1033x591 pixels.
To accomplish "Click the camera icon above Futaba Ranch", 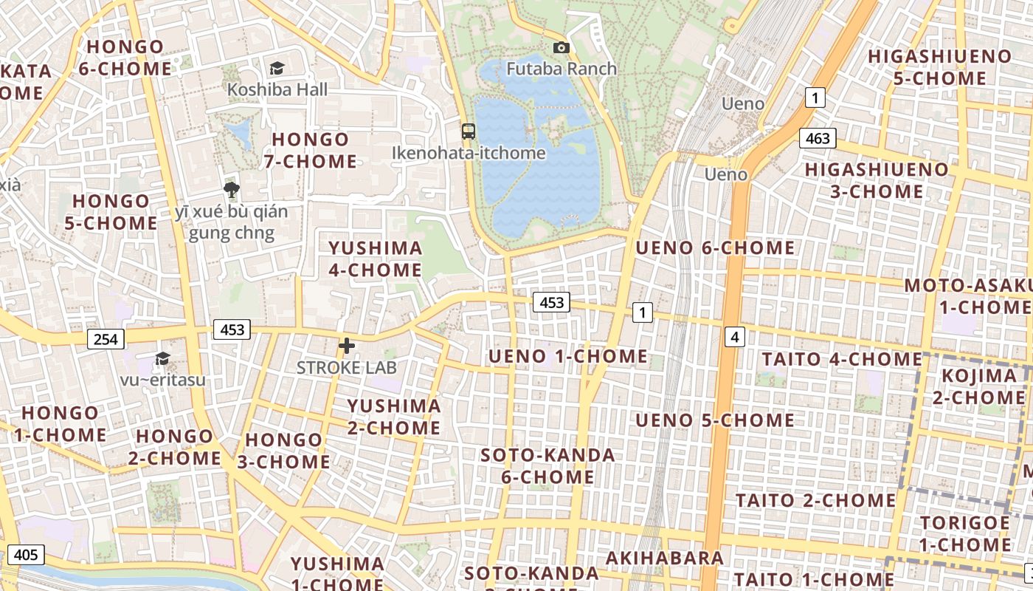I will click(562, 48).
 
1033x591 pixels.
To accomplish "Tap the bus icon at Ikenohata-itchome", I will click(469, 131).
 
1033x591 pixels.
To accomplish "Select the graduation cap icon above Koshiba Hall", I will click(277, 68).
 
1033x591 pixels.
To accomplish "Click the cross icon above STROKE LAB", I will click(347, 345).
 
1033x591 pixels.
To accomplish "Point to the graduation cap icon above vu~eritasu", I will click(162, 358).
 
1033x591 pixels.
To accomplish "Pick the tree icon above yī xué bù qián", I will click(232, 189).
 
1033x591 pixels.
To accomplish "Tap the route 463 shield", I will click(818, 138).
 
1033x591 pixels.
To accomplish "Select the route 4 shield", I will click(735, 337).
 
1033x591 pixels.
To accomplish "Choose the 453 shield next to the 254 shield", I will click(232, 329).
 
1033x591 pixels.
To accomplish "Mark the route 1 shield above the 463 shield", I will click(815, 97).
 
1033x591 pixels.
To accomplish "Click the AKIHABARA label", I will click(665, 558).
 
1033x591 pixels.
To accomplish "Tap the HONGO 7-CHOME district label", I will click(311, 150).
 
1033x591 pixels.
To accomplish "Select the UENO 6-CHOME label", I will click(715, 247).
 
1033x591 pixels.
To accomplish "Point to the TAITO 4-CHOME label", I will click(842, 359).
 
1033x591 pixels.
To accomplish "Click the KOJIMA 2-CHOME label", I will click(978, 386).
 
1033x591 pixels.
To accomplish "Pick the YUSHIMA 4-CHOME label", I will click(376, 259).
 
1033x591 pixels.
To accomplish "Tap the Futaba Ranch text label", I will click(562, 69).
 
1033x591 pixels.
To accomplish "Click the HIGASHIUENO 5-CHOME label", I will click(939, 67).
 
